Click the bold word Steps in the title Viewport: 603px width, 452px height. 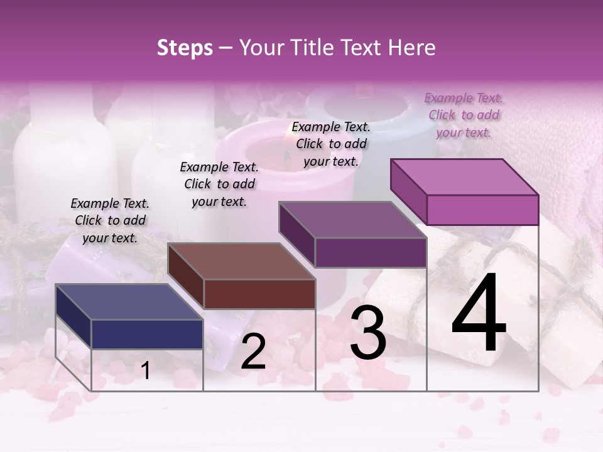[x=185, y=48]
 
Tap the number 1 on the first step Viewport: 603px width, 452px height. [x=146, y=371]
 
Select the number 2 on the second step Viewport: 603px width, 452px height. [x=253, y=352]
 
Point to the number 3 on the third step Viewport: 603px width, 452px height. [x=368, y=334]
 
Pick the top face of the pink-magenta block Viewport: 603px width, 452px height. [x=464, y=177]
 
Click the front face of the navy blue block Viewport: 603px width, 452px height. [x=147, y=334]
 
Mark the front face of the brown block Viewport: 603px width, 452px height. [x=259, y=294]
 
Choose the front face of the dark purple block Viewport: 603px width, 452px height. [x=371, y=252]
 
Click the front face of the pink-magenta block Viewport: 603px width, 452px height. [x=482, y=210]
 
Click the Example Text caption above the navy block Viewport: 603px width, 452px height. [x=110, y=220]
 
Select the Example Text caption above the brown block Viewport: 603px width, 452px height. [x=219, y=184]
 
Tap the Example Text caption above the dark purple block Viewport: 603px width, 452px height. [x=331, y=144]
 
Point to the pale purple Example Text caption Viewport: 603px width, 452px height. [x=464, y=115]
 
